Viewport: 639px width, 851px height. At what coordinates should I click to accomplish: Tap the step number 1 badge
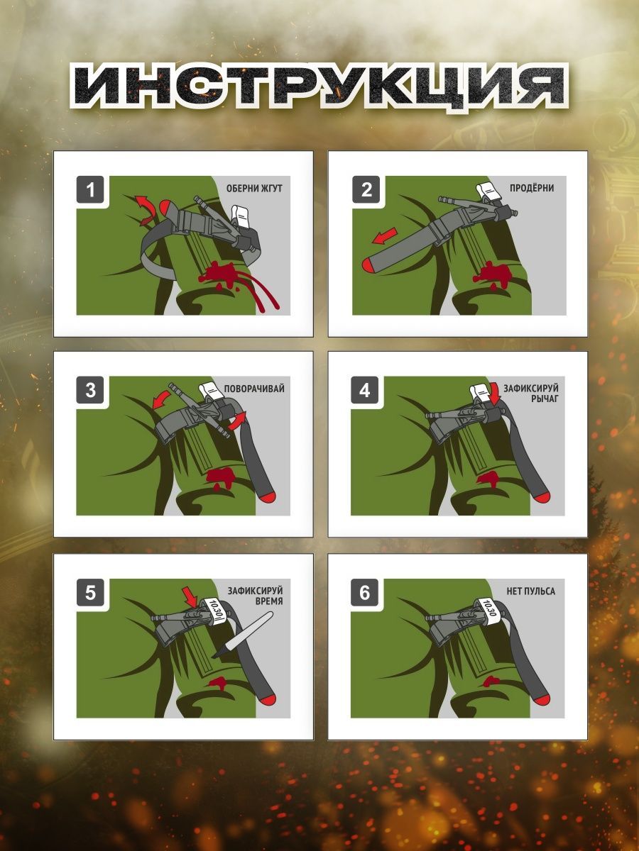90,189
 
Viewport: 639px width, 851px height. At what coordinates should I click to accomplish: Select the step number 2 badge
366,189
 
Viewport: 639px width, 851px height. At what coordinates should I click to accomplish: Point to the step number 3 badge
90,389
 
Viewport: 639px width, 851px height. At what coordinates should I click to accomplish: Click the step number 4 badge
365,389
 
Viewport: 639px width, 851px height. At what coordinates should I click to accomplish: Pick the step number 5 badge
90,592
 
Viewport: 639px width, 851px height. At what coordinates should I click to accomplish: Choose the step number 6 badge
365,592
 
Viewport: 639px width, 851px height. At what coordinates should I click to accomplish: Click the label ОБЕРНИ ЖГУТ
254,189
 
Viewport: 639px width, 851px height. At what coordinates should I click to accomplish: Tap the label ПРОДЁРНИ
532,188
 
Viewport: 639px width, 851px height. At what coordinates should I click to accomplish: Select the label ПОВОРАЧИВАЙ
254,389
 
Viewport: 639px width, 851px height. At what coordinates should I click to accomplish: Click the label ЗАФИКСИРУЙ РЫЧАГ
531,393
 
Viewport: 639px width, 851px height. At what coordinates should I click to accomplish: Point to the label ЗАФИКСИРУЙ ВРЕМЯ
256,596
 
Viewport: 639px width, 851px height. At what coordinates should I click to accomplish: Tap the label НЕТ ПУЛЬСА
531,591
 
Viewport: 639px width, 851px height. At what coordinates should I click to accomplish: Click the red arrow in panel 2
385,236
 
